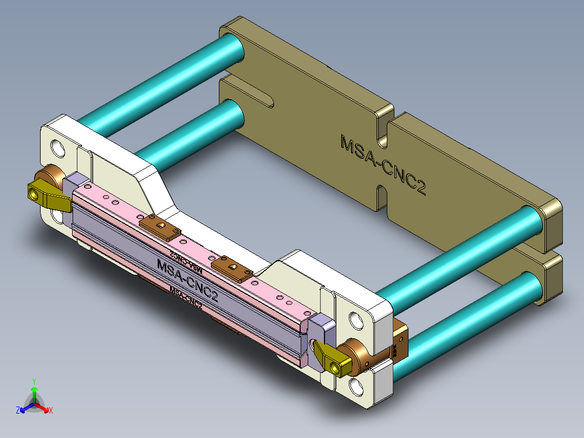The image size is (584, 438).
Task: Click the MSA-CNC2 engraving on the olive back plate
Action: pos(382,165)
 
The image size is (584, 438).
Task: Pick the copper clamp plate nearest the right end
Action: pos(232,269)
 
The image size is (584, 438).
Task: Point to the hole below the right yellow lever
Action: pos(356,387)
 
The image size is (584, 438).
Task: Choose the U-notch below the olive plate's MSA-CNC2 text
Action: pos(381,196)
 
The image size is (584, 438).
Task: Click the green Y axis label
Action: pos(34,381)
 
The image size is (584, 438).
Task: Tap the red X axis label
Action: pos(51,410)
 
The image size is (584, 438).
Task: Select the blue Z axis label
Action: pos(18,410)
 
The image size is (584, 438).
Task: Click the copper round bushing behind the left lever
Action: pos(49,177)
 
